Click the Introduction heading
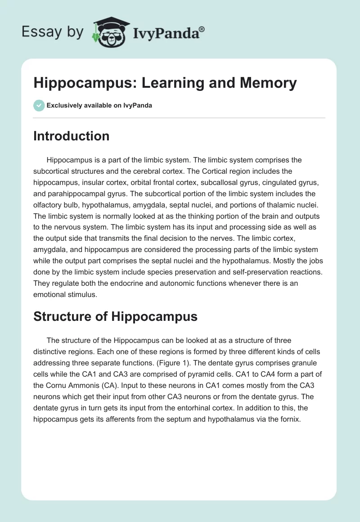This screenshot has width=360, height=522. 71,136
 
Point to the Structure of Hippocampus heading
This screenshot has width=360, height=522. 115,316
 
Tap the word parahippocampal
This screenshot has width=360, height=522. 74,194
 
